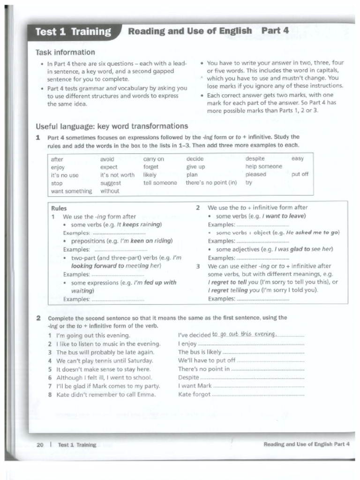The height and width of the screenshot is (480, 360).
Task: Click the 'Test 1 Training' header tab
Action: [73, 32]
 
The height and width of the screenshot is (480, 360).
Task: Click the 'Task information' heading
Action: [65, 52]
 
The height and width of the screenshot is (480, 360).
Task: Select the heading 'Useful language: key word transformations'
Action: [112, 126]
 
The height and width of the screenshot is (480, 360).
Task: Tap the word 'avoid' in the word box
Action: [107, 159]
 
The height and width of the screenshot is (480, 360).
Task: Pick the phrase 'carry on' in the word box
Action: [153, 159]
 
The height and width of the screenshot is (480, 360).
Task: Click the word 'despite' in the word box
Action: [255, 159]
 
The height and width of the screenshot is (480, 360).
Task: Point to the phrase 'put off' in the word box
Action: [300, 174]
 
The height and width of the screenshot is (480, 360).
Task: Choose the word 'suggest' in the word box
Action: [110, 183]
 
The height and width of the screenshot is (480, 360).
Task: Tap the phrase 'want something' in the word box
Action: [71, 191]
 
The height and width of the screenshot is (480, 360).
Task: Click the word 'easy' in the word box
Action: [297, 159]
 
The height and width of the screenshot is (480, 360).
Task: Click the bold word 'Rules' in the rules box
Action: [59, 208]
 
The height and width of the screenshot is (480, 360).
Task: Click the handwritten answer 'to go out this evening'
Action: [244, 334]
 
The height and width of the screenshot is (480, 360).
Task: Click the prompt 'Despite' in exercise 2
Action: [188, 377]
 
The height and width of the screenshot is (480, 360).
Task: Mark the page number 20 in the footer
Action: [40, 445]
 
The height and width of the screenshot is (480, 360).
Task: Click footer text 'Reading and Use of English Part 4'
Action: [307, 444]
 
